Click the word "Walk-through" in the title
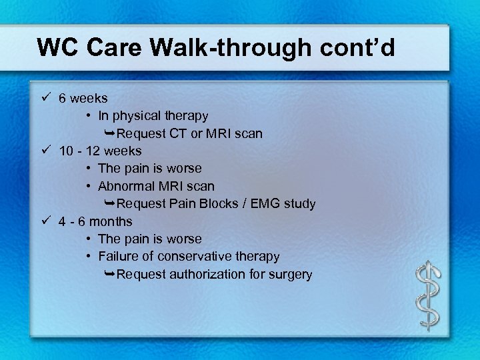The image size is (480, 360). coord(225,47)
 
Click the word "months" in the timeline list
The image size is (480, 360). coord(110,221)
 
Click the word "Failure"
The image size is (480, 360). coord(117,256)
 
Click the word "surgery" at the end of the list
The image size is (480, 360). coord(291,274)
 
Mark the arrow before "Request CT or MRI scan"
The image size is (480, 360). coord(110,133)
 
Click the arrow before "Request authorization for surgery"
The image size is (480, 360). coord(110,274)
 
